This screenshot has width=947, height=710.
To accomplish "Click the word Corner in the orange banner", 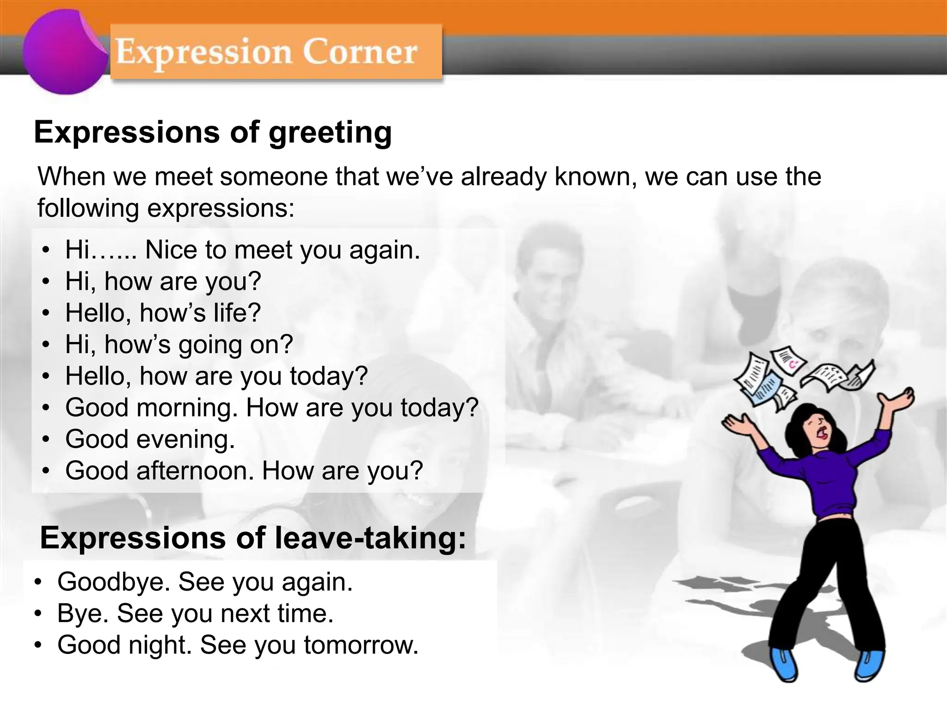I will coord(360,52).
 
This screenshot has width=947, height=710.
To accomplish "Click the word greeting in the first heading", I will coord(330,133).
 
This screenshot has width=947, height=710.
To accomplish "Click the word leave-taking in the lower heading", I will coord(370,539).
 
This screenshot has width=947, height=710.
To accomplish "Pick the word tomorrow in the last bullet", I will coord(361,645).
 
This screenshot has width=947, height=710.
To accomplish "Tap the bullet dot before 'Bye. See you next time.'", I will coord(38,614).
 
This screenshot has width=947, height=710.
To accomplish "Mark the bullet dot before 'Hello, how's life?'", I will coord(45,313).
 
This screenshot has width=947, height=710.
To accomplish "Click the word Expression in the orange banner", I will coord(203,52).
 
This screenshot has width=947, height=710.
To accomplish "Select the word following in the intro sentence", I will coord(88,208).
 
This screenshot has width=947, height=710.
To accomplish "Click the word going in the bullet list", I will coord(210,345).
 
